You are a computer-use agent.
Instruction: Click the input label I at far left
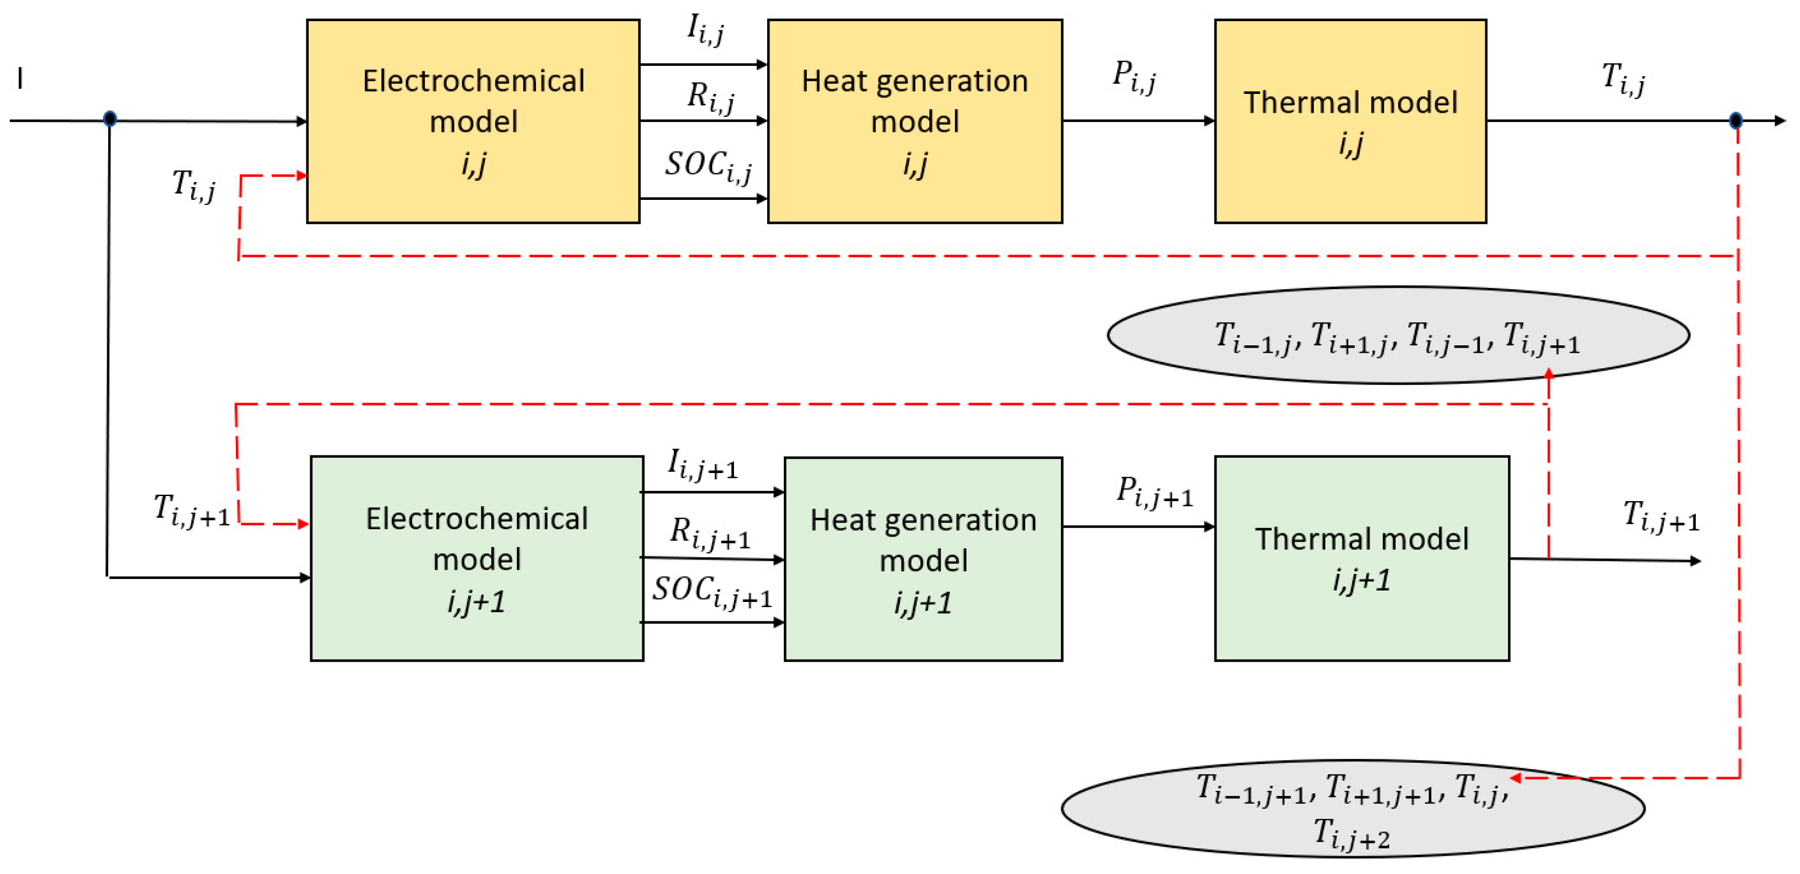coord(20,78)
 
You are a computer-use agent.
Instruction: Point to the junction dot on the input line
coord(110,119)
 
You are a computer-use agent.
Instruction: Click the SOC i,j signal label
coord(707,167)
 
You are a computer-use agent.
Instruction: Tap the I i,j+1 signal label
coord(702,464)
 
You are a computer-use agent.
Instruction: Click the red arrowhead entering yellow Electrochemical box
coord(302,175)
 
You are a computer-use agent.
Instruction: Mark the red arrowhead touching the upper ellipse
coord(1549,374)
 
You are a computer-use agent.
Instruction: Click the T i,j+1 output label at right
coord(1660,517)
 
